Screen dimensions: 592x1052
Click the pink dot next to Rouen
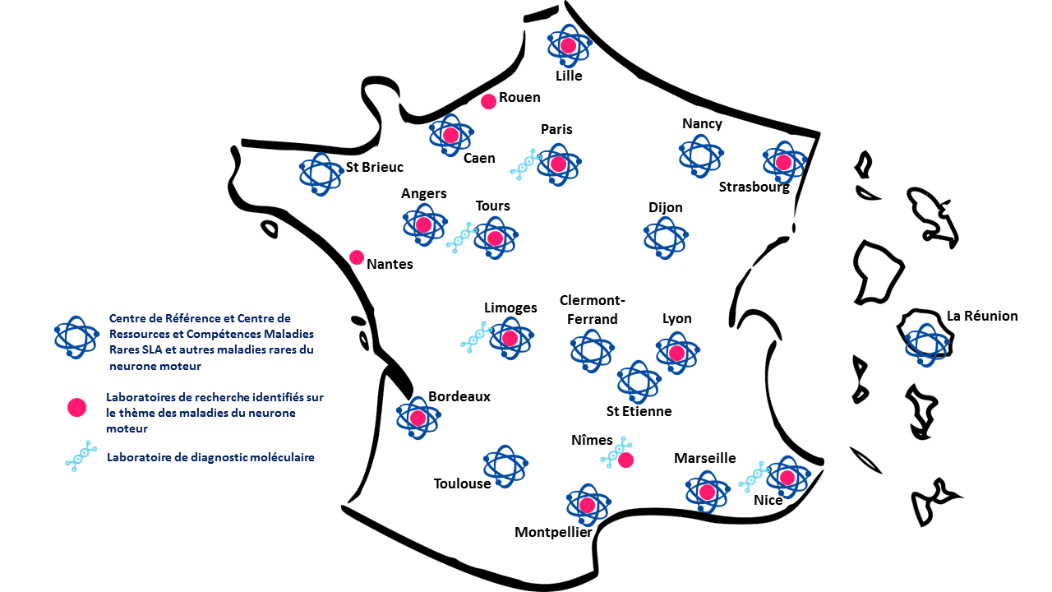point(488,101)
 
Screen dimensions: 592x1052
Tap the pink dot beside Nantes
point(357,257)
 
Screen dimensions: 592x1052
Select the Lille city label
point(569,76)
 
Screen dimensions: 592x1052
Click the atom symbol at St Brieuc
point(321,173)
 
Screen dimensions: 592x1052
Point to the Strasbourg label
point(754,187)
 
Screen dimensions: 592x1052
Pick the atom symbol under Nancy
point(700,156)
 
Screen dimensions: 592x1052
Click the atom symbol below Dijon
point(665,238)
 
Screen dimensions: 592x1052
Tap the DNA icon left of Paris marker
point(524,164)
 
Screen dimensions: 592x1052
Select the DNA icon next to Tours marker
point(460,237)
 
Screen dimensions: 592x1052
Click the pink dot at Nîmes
point(625,460)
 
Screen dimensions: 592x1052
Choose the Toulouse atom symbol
point(505,467)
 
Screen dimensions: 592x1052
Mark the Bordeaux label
point(459,396)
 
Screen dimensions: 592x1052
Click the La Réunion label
point(982,316)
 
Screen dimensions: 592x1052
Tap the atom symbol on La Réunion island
point(926,344)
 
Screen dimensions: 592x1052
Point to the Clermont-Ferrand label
point(588,309)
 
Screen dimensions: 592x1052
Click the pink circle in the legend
point(76,407)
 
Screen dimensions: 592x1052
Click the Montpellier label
point(553,532)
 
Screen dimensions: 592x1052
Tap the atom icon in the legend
point(76,335)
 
